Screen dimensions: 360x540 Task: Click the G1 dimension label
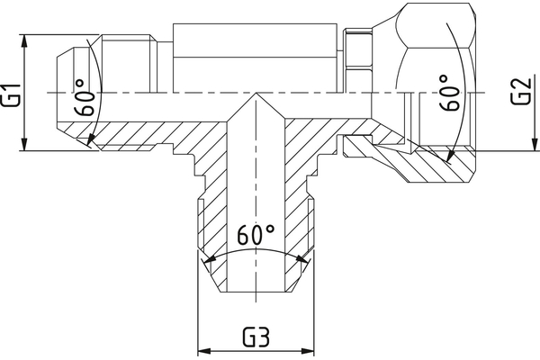click(12, 94)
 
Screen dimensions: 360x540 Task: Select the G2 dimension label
click(520, 93)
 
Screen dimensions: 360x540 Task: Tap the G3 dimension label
click(256, 339)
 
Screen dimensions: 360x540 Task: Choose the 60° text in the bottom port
click(256, 236)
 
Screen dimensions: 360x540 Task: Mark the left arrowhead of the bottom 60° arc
click(209, 261)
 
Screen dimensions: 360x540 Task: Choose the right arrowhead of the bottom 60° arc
click(304, 261)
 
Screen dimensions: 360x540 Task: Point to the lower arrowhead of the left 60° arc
click(91, 142)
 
